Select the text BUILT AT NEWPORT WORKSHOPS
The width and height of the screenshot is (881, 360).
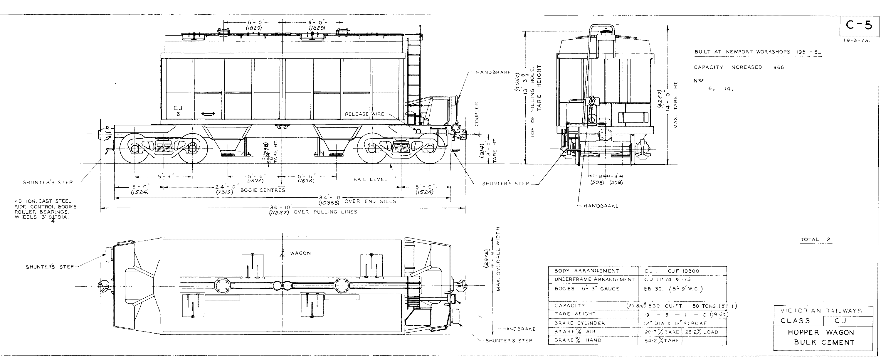click(742, 52)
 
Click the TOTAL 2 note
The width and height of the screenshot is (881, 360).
click(816, 240)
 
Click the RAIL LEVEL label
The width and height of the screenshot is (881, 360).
click(371, 179)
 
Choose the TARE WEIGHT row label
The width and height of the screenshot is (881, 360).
click(575, 314)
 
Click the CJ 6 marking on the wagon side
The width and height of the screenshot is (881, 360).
click(178, 111)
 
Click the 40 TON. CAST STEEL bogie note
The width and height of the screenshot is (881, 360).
click(43, 201)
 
